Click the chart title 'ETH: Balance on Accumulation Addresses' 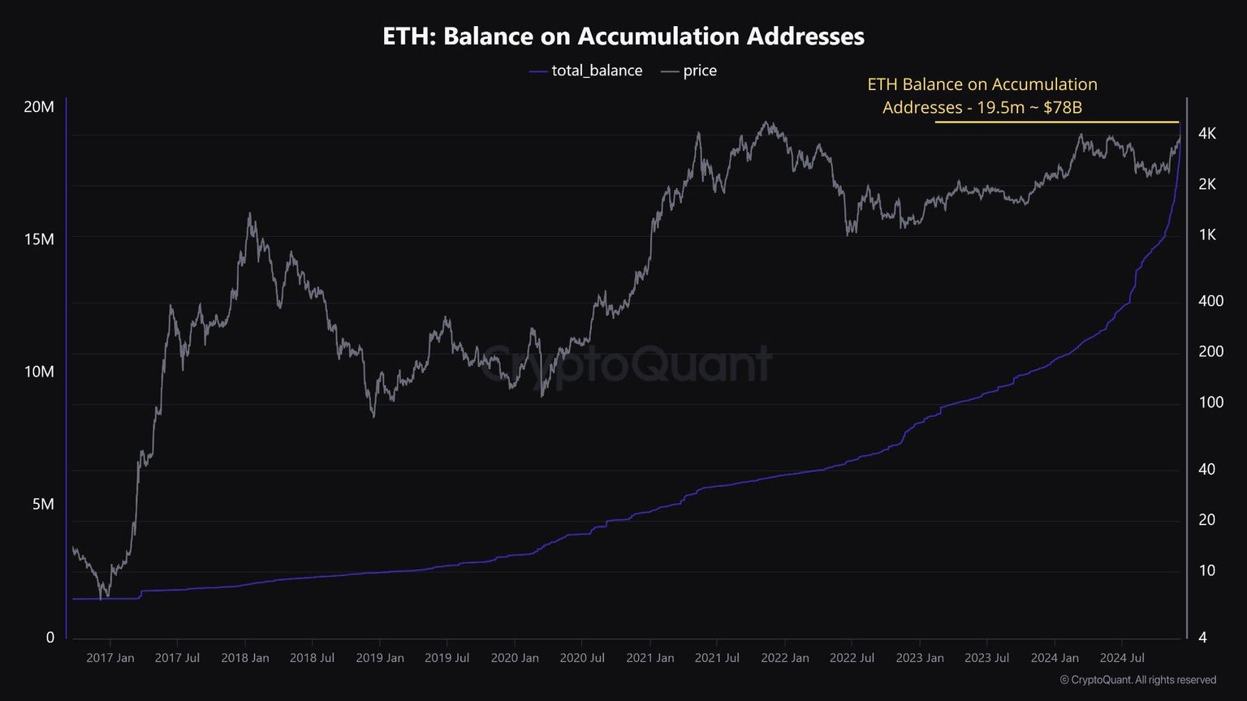coord(623,37)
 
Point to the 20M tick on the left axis coord(39,106)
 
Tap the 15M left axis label coord(39,239)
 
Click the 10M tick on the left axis coord(39,372)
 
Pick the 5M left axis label coord(43,504)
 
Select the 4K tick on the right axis coord(1207,133)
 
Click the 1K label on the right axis coord(1207,234)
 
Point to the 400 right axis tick coord(1210,301)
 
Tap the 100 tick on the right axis coord(1210,402)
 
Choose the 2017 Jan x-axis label coord(110,658)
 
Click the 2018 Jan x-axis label coord(244,658)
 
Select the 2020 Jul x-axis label coord(581,658)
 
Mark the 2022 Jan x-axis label coord(784,658)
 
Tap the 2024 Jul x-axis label coord(1122,658)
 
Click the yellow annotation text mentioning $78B coord(982,96)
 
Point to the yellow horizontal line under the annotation coord(1055,122)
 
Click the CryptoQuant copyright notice coord(1138,680)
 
